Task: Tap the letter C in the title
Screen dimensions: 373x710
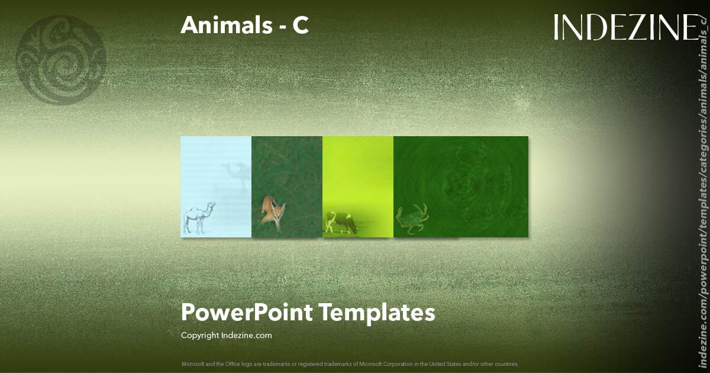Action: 301,25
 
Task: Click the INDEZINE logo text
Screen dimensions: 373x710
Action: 625,27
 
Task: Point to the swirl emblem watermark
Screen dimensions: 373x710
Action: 61,60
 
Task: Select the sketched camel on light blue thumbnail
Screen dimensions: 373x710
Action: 199,217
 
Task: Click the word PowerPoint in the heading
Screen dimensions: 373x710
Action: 247,312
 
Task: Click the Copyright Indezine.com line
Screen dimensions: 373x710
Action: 227,335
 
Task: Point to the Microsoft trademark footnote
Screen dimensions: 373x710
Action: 350,364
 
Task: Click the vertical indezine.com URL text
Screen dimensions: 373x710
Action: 703,195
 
